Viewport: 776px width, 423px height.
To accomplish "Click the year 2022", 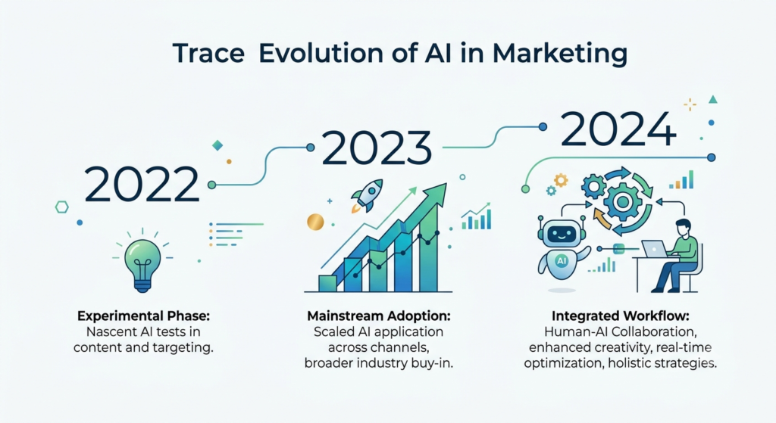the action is tap(142, 185).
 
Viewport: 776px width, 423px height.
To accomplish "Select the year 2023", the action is tap(377, 148).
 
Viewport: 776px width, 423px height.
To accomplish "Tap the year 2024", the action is tap(618, 128).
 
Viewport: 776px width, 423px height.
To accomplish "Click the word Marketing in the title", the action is tap(560, 54).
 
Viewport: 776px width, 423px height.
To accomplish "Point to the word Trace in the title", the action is tap(208, 53).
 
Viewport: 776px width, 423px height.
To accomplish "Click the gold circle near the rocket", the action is tap(315, 222).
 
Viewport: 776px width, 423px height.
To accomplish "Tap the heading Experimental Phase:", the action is tap(143, 316).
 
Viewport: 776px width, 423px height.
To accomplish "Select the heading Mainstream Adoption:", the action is tap(379, 316).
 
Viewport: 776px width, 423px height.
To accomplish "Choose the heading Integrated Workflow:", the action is tap(621, 316).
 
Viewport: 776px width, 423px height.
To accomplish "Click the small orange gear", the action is tap(561, 180).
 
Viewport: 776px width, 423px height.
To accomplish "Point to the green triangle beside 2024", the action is tap(712, 99).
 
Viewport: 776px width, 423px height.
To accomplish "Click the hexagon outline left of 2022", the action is tap(62, 207).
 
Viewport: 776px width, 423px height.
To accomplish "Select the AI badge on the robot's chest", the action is tap(562, 260).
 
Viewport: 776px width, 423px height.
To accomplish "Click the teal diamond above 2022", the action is tap(217, 145).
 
